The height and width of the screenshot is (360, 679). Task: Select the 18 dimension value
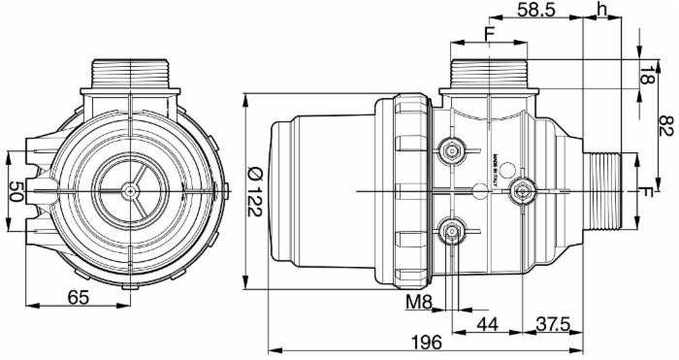pyautogui.click(x=648, y=73)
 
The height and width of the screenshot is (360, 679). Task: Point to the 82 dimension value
pyautogui.click(x=665, y=126)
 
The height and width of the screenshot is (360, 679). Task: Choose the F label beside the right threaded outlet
pyautogui.click(x=646, y=191)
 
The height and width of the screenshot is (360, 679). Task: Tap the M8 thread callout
pyautogui.click(x=418, y=303)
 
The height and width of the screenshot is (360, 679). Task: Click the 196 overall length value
pyautogui.click(x=425, y=343)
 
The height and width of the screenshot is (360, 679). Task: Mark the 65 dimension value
pyautogui.click(x=81, y=297)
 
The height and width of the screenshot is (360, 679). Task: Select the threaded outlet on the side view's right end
pyautogui.click(x=605, y=190)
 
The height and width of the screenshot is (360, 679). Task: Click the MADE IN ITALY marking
pyautogui.click(x=494, y=155)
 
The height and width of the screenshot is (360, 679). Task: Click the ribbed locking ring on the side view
pyautogui.click(x=409, y=190)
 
